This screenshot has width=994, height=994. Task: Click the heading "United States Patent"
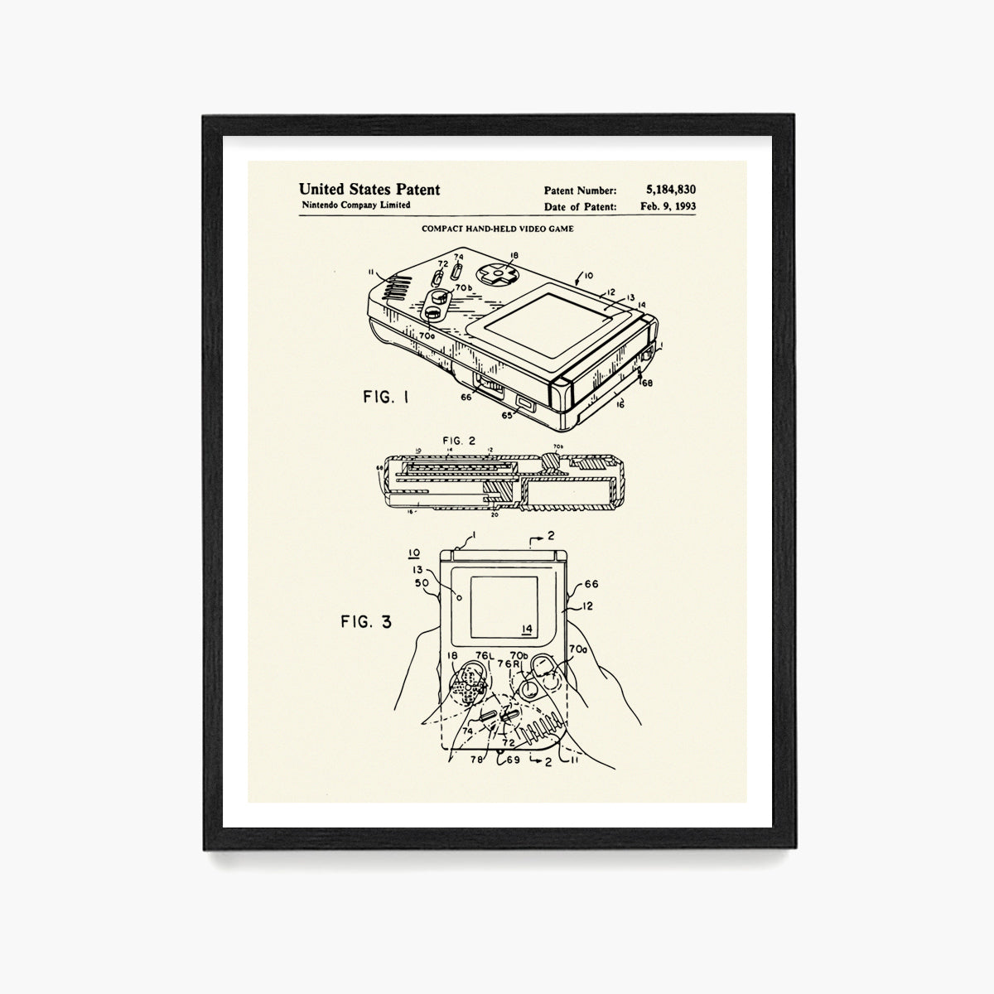tap(369, 190)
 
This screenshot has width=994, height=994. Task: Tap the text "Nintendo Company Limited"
tap(355, 205)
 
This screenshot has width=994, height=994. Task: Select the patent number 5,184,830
tap(669, 191)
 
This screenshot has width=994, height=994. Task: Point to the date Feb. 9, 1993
tap(668, 207)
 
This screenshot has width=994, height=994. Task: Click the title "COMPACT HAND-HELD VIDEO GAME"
tap(497, 229)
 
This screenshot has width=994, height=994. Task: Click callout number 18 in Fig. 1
tap(514, 256)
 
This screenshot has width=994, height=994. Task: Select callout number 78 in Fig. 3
tap(475, 758)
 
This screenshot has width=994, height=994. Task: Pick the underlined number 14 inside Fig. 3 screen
tap(527, 627)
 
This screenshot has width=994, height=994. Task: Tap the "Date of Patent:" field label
tap(580, 207)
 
